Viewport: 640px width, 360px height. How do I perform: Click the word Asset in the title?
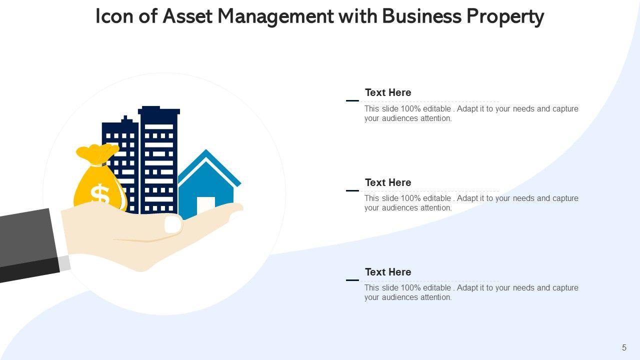coord(188,16)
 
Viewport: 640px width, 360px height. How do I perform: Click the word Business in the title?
coord(422,16)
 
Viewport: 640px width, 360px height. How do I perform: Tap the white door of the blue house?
coord(205,205)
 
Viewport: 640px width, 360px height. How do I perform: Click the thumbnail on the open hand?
coord(173,223)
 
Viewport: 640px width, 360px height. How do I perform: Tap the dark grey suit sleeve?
coord(27,242)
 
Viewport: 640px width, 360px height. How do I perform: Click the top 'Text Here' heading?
coord(388,92)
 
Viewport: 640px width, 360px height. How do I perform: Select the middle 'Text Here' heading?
coord(388,182)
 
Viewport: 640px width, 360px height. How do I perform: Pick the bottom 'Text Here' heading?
coord(388,272)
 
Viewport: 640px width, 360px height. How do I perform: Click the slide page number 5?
coord(624,348)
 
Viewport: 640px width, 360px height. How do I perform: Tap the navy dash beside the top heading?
coord(352,101)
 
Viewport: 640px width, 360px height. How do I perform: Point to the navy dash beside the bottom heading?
coord(352,280)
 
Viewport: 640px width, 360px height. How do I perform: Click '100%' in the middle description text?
coord(411,198)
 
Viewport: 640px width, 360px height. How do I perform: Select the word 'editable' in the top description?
coord(437,109)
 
